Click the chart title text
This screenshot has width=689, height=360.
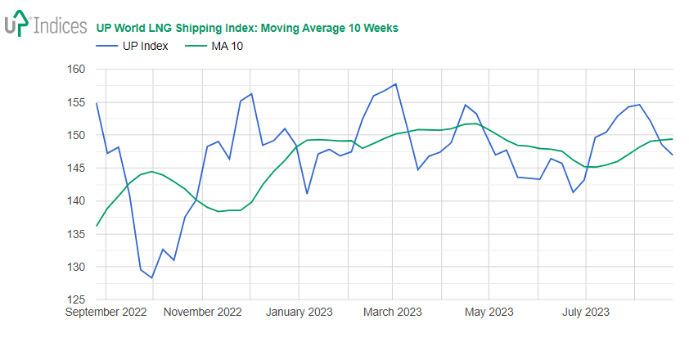(x=247, y=28)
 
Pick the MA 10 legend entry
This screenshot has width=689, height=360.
(x=227, y=46)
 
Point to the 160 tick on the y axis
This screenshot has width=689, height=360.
(x=76, y=70)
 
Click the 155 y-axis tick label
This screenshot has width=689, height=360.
(x=76, y=102)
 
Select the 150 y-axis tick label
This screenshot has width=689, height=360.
(x=76, y=135)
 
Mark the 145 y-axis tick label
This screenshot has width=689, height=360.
(x=76, y=168)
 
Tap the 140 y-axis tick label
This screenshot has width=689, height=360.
(x=76, y=201)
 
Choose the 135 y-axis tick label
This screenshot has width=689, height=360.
(x=76, y=234)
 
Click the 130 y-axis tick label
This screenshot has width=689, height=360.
(x=76, y=267)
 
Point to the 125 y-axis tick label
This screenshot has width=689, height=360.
(x=76, y=299)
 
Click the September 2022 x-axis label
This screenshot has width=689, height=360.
(x=106, y=312)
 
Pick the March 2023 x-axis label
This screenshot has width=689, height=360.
(x=391, y=312)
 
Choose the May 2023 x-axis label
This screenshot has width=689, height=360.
(x=488, y=312)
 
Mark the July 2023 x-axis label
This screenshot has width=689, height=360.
(x=585, y=312)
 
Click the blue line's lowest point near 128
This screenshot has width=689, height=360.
(x=151, y=277)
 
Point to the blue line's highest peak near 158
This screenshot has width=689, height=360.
(x=396, y=83)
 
